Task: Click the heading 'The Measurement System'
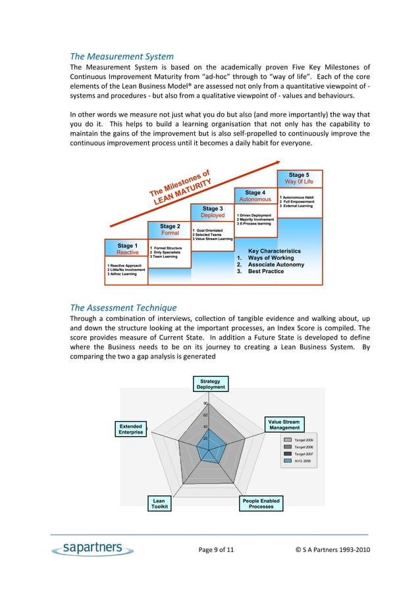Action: click(122, 56)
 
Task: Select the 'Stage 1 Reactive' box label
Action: click(128, 249)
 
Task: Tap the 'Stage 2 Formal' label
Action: click(170, 230)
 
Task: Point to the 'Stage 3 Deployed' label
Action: click(212, 212)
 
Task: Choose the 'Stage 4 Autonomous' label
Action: click(255, 195)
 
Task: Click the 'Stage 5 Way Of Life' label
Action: click(299, 178)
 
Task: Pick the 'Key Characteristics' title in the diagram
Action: click(275, 251)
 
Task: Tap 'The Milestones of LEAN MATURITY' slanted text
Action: click(180, 185)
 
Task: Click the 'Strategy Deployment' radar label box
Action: click(210, 384)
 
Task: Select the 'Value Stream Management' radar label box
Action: click(284, 425)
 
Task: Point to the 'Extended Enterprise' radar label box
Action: click(131, 429)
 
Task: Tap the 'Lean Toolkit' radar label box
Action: click(159, 504)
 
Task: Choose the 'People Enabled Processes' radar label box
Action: click(261, 504)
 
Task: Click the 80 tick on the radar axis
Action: click(206, 404)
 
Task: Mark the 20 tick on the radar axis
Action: click(206, 438)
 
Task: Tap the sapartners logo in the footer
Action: click(88, 549)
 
